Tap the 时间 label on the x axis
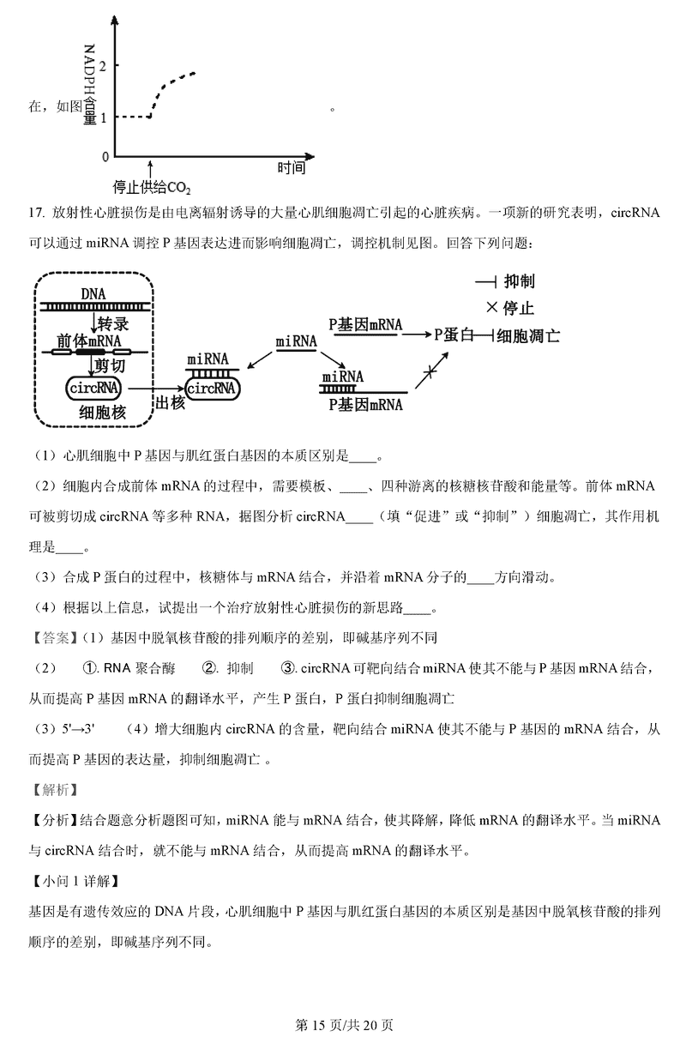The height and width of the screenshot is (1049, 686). (x=291, y=168)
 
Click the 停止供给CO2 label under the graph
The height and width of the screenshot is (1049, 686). (x=152, y=187)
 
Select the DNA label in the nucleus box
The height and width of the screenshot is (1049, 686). (x=93, y=294)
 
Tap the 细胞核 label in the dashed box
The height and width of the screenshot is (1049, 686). (x=102, y=413)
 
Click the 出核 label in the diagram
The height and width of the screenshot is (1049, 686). (x=168, y=403)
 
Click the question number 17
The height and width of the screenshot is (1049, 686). (x=35, y=213)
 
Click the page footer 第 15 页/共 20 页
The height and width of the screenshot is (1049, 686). (x=343, y=1024)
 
